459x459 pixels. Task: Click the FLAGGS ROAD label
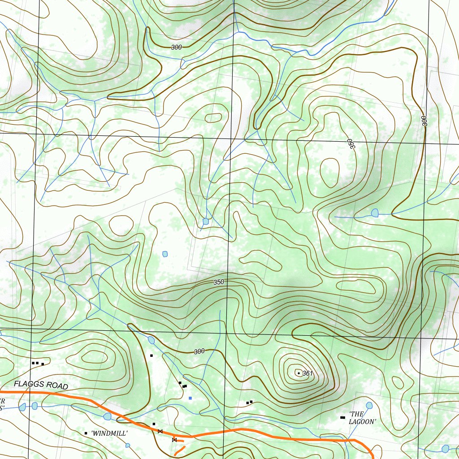point(41,385)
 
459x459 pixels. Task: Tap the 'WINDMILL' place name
point(109,433)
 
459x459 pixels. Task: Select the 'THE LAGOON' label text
point(362,418)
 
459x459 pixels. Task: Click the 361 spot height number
point(307,373)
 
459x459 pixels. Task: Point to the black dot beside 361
point(299,373)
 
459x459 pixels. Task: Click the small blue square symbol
point(191,398)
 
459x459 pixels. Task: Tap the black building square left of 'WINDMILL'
point(86,433)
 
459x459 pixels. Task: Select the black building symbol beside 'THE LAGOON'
point(343,418)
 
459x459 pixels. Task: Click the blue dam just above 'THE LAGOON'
point(369,406)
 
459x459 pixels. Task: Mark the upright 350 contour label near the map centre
point(219,282)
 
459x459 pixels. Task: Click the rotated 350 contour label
point(350,144)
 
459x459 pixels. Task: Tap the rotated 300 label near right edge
point(424,121)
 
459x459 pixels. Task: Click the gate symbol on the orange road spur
point(174,440)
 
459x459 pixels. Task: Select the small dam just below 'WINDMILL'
point(128,445)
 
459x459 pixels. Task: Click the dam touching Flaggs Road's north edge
point(107,416)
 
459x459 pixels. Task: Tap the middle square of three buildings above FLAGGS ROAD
point(37,363)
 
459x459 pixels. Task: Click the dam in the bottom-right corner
point(445,448)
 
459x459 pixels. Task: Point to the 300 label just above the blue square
point(199,352)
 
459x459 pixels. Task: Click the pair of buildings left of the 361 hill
point(249,402)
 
